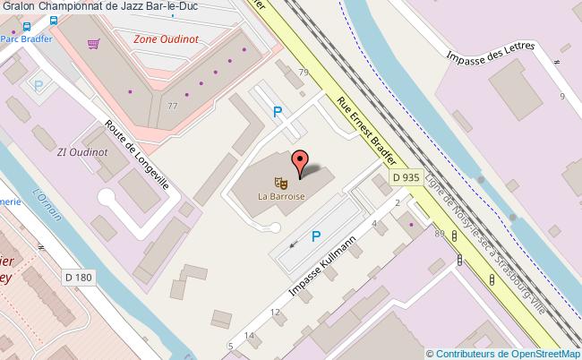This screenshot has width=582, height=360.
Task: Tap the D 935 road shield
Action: coord(407,177)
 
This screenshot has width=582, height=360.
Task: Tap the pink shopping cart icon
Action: coord(94,43)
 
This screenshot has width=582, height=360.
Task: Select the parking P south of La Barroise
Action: coord(316,236)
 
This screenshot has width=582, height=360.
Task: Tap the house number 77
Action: coord(172,106)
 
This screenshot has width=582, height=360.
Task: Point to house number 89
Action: coord(440,235)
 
